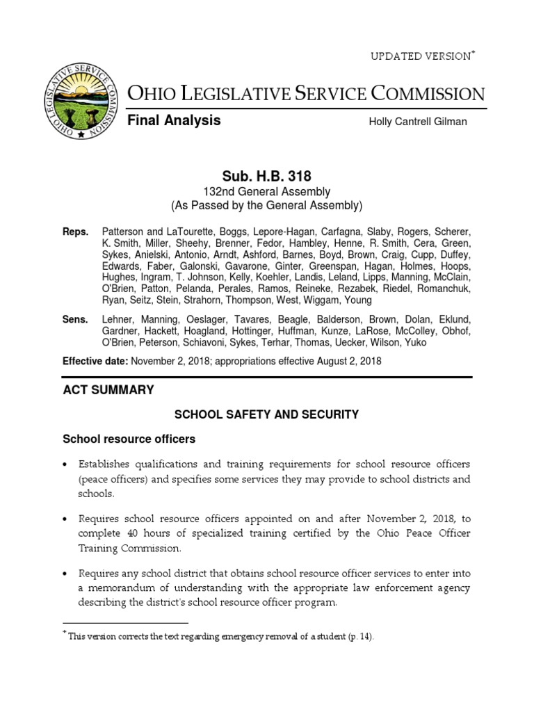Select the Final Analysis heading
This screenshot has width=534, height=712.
(x=174, y=120)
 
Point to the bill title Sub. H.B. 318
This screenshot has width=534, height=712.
(x=267, y=177)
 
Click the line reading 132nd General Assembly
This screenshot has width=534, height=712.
(x=267, y=191)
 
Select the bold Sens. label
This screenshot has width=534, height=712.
(x=76, y=319)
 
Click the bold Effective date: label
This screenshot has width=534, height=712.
(x=95, y=361)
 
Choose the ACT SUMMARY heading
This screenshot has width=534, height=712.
(x=108, y=390)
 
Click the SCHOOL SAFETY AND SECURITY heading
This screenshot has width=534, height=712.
(x=266, y=414)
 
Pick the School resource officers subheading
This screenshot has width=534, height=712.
(x=129, y=439)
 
